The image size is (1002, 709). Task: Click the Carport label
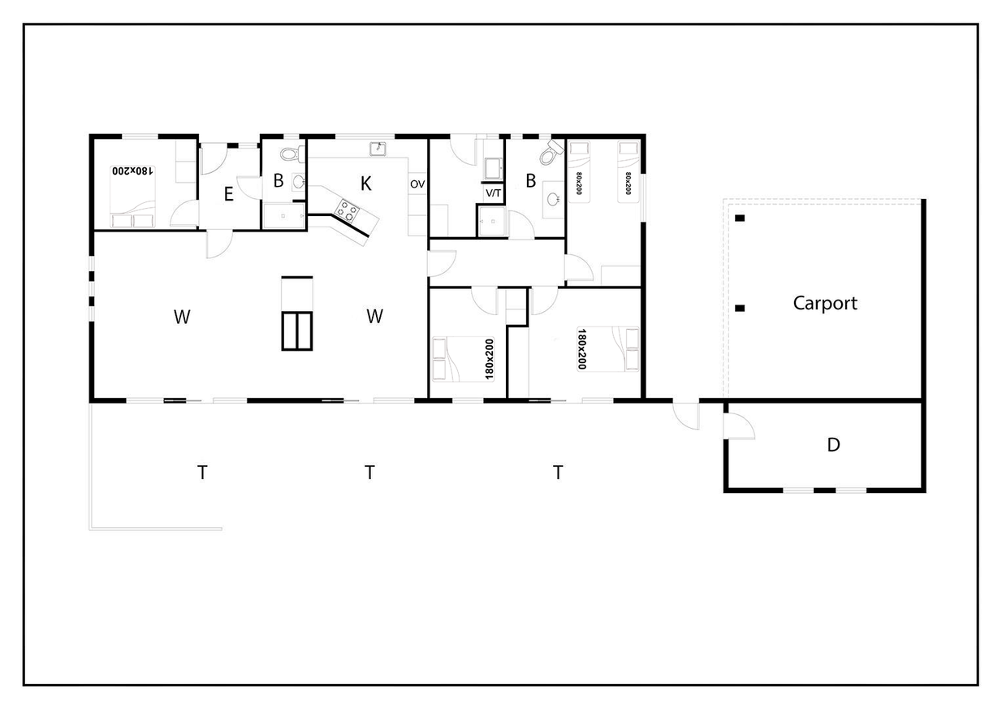(x=825, y=303)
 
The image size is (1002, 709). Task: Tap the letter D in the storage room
(x=833, y=444)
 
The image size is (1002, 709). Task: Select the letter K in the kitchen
(x=366, y=184)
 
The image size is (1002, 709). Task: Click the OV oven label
(x=417, y=184)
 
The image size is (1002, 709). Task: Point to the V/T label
(x=494, y=193)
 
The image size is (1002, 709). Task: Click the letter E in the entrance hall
(x=229, y=194)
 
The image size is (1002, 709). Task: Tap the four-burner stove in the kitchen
(x=348, y=211)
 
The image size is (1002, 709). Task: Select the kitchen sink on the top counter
(x=378, y=149)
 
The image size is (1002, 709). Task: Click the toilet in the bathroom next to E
(x=292, y=154)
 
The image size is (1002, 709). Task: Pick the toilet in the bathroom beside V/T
(x=551, y=153)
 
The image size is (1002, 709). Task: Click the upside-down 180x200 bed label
(x=133, y=171)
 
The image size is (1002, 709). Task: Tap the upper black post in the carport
(x=740, y=218)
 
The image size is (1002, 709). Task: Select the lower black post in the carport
(x=740, y=308)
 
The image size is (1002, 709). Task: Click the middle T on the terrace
(x=369, y=472)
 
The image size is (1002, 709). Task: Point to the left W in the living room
(x=182, y=317)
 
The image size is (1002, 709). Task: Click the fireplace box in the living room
(x=297, y=331)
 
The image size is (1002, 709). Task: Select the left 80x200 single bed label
(x=579, y=184)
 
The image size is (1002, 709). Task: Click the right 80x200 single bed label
(x=628, y=184)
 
